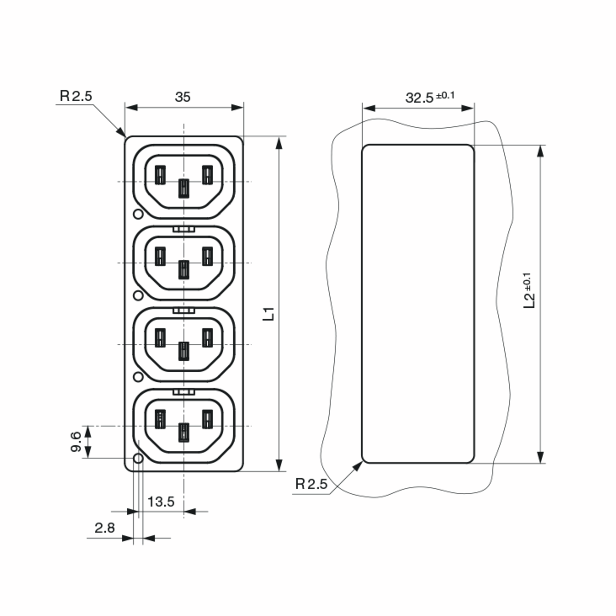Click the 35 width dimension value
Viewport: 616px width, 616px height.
click(183, 97)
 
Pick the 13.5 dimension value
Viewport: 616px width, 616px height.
click(161, 502)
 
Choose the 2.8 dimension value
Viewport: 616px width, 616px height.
click(104, 528)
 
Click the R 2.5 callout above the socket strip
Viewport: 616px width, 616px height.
click(76, 96)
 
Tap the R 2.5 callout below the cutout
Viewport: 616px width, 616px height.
click(311, 484)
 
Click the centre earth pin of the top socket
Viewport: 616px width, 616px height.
click(184, 188)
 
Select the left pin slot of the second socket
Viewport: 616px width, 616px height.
click(160, 256)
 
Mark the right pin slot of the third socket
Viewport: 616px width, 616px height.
click(207, 338)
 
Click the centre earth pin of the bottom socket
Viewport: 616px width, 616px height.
click(184, 432)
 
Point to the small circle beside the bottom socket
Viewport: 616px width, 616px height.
click(138, 458)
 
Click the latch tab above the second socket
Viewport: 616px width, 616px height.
click(184, 229)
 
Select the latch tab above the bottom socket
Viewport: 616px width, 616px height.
click(184, 392)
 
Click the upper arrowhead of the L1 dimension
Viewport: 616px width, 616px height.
click(279, 143)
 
